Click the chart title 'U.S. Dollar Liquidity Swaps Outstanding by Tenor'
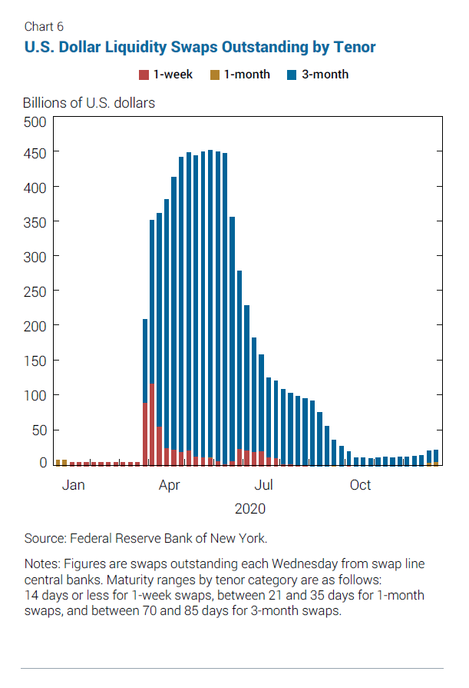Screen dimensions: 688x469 200,47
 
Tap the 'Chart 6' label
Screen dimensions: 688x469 44,27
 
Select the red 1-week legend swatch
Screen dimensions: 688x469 143,75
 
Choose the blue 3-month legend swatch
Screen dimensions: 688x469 292,75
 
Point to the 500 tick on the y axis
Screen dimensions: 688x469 38,121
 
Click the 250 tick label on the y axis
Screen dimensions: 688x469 38,291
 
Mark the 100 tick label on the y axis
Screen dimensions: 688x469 38,395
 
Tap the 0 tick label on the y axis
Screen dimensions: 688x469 43,463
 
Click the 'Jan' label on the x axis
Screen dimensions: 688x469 73,485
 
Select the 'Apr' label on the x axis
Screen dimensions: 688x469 169,485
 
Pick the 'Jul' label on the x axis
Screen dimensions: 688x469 264,485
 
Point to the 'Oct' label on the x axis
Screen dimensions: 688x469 360,485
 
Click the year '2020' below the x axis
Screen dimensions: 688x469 249,508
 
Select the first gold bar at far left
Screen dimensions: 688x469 58,463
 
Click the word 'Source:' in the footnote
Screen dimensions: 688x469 45,538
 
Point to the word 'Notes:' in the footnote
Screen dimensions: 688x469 42,563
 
